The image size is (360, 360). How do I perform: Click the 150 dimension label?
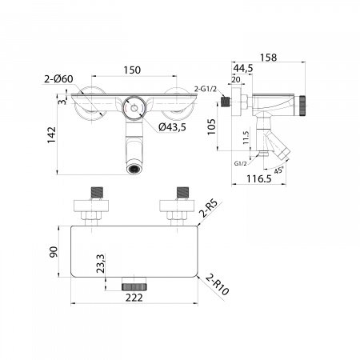click(132, 70)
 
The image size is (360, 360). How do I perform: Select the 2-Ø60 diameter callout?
click(58, 79)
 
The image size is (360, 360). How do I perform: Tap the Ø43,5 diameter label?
click(172, 127)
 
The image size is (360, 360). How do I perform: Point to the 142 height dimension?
click(52, 135)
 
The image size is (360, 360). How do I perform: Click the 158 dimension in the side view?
click(268, 58)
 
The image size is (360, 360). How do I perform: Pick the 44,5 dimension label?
click(242, 68)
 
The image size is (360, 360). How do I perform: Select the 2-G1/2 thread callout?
click(205, 89)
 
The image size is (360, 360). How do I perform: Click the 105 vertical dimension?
click(211, 127)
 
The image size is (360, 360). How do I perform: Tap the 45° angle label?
click(278, 170)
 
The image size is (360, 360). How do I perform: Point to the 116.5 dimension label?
click(258, 178)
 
